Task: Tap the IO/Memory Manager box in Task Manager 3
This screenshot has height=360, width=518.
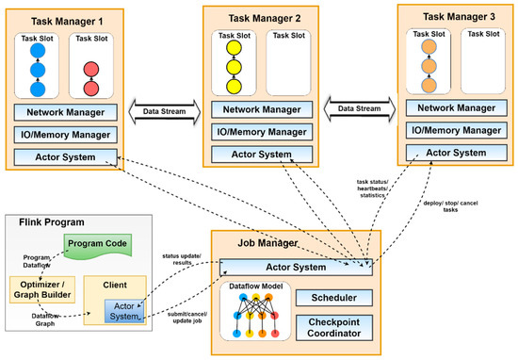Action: click(453, 129)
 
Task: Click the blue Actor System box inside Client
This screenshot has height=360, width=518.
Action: click(125, 312)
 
